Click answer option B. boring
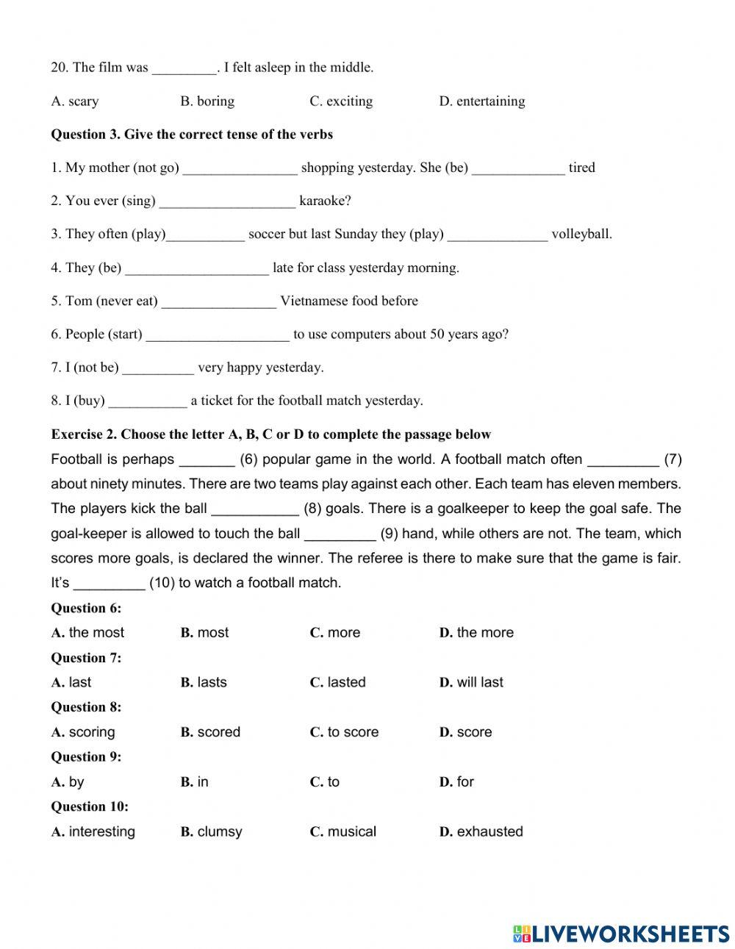tap(207, 101)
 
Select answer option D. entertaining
tap(482, 101)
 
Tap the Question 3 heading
tap(192, 135)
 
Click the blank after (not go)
tap(240, 168)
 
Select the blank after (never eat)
tap(218, 301)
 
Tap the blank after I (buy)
tap(147, 401)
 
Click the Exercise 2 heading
tap(270, 434)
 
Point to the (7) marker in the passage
tap(673, 460)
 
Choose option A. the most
tap(88, 633)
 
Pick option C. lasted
tap(337, 683)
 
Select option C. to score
tap(344, 733)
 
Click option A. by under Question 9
tap(68, 782)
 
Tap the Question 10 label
tap(90, 807)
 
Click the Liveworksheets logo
tap(621, 933)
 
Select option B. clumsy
tap(211, 832)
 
